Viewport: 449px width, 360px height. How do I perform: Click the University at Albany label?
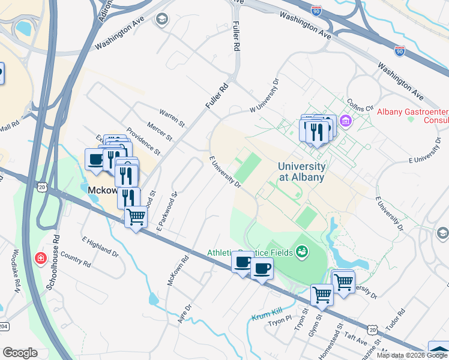[x=302, y=172]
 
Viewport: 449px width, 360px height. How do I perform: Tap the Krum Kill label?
[x=268, y=313]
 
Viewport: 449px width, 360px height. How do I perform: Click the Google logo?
[x=20, y=353]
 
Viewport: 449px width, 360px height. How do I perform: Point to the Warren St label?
[x=172, y=117]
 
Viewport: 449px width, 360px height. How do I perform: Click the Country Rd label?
[x=76, y=260]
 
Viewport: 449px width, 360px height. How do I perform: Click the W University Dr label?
[x=265, y=95]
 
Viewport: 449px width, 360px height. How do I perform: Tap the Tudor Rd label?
[x=396, y=321]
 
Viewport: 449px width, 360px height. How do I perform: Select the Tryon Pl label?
[x=279, y=319]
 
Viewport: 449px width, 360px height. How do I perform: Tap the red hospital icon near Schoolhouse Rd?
[x=41, y=259]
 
